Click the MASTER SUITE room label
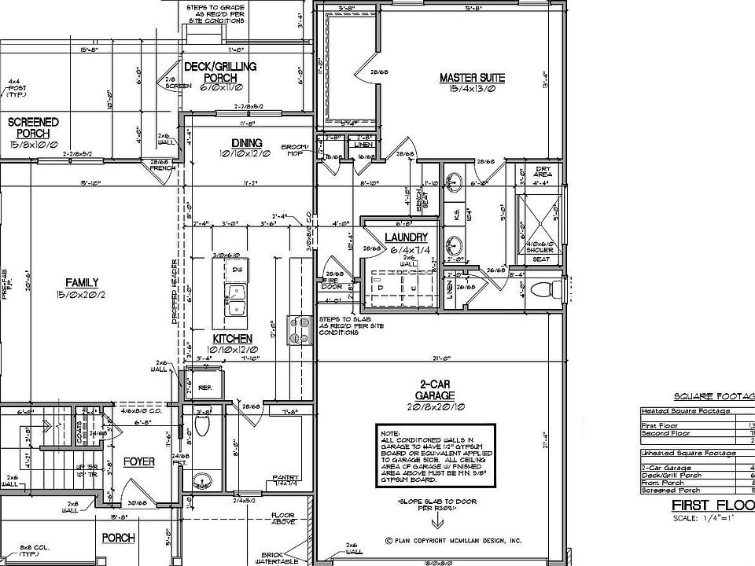tap(472, 78)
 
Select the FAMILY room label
tap(81, 282)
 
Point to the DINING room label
tap(246, 142)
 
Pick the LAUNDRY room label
tap(406, 237)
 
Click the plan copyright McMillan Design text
tap(453, 541)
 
